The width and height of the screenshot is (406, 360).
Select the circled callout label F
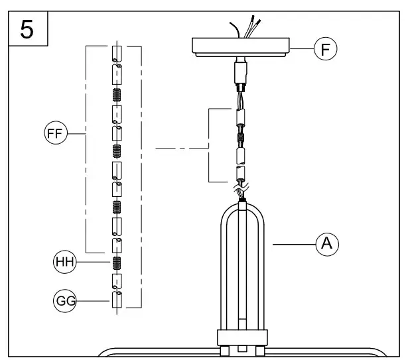326,48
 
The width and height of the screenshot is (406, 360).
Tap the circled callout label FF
54,134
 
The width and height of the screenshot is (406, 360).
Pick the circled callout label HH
64,263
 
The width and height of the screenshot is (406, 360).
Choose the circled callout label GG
64,302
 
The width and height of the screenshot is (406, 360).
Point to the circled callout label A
326,245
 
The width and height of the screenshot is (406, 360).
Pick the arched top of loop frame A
243,207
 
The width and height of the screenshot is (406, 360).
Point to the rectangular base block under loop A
243,337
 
